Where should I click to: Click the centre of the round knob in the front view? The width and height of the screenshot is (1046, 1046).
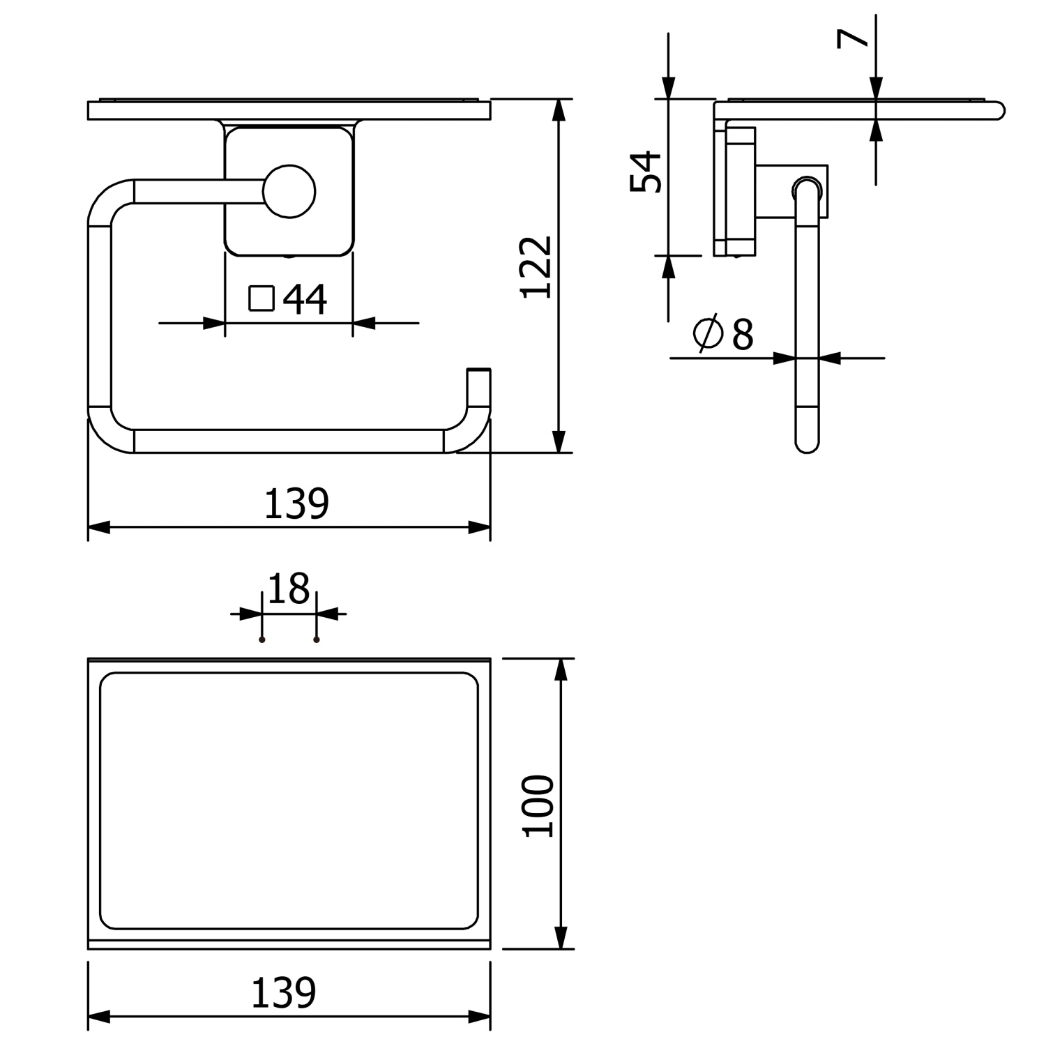289,192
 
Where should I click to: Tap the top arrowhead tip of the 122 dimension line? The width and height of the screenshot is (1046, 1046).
558,100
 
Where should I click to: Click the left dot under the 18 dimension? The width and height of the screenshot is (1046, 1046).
261,639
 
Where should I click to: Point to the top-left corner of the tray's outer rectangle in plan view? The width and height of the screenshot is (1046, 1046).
89,658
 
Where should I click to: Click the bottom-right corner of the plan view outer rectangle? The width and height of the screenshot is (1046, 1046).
490,948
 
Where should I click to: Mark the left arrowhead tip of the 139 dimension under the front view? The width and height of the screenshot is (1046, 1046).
89,527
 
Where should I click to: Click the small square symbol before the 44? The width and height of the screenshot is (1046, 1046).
261,298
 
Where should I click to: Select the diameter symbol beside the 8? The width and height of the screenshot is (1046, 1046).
708,333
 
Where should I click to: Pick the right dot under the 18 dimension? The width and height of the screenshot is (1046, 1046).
317,639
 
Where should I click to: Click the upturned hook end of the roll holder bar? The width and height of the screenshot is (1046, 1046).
478,370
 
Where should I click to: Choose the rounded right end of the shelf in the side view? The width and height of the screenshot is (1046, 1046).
1001,110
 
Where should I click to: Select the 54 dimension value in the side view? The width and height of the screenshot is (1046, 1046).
645,171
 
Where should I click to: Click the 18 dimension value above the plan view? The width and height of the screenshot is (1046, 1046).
288,589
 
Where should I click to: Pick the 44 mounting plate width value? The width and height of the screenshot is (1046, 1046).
305,299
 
